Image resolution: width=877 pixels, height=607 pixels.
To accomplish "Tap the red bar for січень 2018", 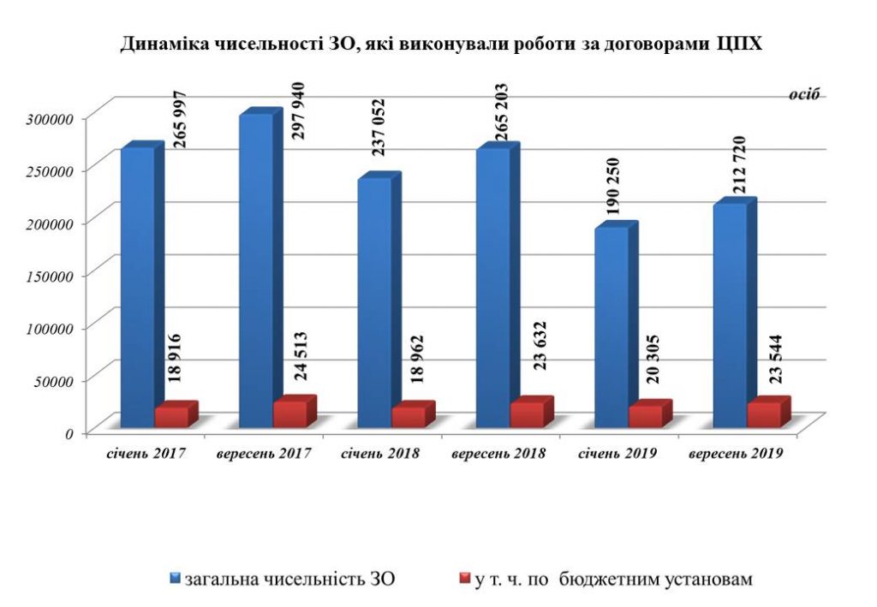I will (408, 416).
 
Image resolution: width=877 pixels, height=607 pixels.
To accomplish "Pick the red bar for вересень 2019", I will (763, 414).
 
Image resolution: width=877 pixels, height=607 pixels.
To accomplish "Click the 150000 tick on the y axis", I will (53, 276).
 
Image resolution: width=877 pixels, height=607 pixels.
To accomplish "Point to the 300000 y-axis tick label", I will (53, 117).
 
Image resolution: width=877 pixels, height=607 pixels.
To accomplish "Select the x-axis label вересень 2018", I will (499, 455).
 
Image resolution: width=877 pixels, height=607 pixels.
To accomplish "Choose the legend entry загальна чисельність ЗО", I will (283, 580).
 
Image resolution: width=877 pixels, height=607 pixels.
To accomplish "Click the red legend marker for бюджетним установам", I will (466, 579).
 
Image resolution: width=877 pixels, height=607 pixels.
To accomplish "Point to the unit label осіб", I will (805, 95).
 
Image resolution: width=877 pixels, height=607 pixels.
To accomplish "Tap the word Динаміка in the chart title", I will (158, 44).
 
